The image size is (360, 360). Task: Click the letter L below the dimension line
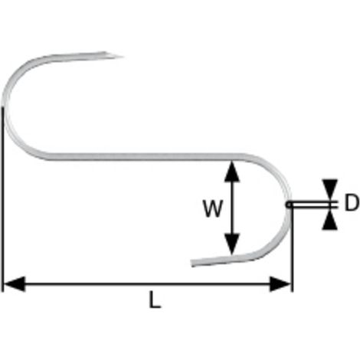click(155, 299)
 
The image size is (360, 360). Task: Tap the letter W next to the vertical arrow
click(213, 208)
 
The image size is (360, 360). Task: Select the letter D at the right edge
click(352, 202)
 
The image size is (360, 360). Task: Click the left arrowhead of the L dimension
click(15, 283)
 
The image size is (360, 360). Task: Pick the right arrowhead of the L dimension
click(280, 283)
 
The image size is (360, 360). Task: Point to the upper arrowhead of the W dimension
click(232, 172)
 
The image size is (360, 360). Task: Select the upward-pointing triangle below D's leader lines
click(330, 220)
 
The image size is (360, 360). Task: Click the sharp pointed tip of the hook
click(123, 57)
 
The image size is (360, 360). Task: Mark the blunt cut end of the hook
click(192, 263)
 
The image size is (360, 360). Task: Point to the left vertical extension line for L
click(2, 199)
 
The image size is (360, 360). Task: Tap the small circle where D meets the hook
click(289, 205)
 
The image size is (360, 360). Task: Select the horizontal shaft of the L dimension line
click(147, 283)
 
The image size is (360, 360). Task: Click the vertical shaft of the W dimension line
click(232, 208)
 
